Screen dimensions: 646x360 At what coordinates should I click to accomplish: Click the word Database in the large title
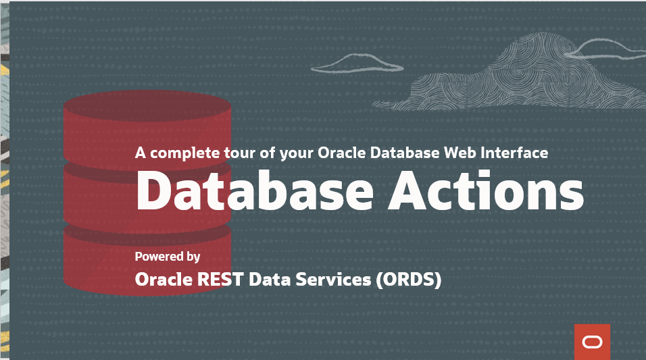tap(255, 190)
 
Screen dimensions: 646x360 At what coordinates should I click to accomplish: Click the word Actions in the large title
tap(486, 190)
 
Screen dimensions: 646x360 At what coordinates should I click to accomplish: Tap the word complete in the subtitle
tap(184, 153)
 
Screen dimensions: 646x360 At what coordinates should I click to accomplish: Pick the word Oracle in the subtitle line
tap(341, 153)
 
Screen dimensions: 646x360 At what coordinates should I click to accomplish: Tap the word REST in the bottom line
tap(220, 279)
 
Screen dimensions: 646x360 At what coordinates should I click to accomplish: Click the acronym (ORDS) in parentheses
tap(408, 279)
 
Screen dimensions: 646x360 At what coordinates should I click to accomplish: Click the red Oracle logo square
tap(592, 342)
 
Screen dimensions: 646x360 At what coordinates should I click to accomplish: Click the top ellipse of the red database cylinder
tap(147, 106)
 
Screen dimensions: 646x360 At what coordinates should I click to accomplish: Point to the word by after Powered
tap(193, 257)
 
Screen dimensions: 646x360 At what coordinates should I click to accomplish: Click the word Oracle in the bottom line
tap(164, 279)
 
